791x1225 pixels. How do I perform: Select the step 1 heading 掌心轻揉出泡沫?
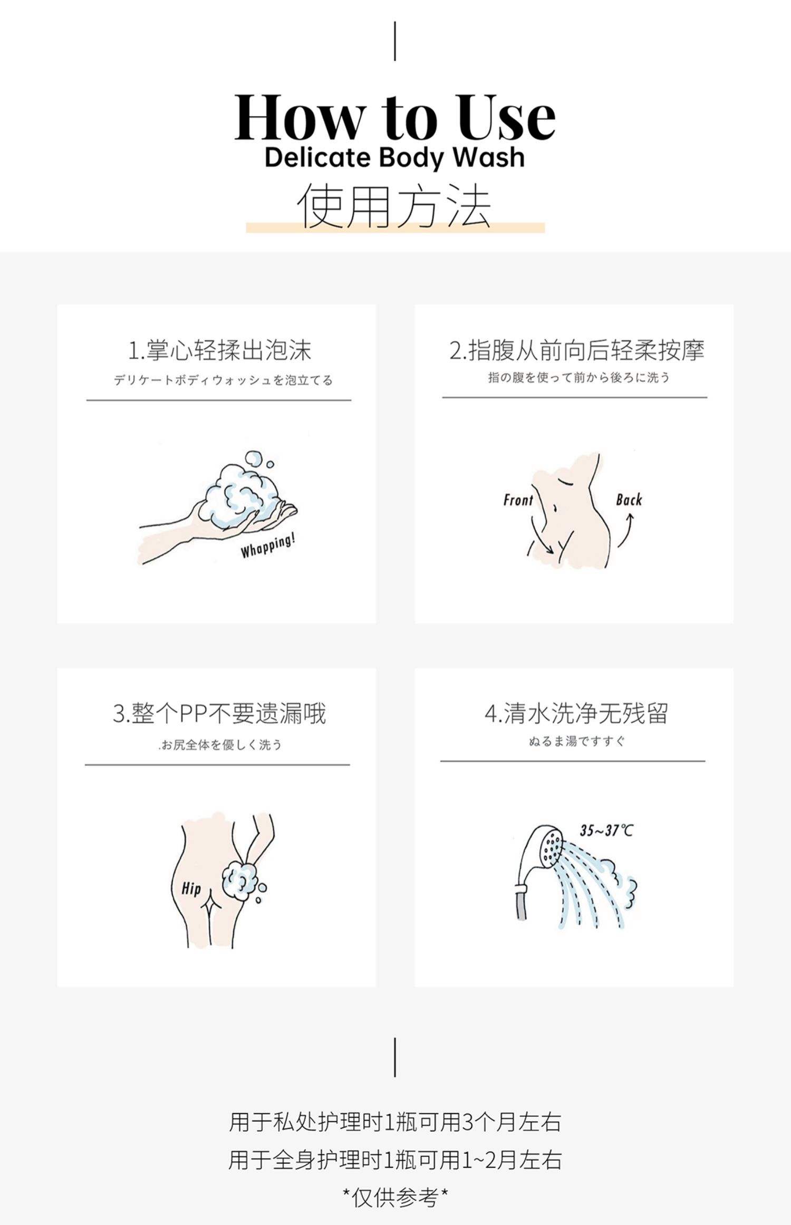coord(220,350)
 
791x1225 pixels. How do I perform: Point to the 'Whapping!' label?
coord(268,545)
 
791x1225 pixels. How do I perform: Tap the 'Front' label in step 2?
coord(518,500)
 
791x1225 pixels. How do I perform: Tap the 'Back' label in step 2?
coord(629,500)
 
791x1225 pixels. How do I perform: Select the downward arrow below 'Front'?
coord(541,535)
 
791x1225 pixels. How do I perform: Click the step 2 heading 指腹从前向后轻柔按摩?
coord(576,350)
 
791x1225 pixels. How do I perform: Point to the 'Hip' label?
coord(191,888)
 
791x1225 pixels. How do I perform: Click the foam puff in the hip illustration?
coord(240,881)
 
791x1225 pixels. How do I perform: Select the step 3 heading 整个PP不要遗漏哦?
coord(219,714)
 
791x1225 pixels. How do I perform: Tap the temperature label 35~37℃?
coord(606,830)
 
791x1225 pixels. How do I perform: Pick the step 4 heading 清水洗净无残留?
coord(576,714)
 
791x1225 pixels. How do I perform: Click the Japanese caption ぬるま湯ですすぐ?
coord(576,741)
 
